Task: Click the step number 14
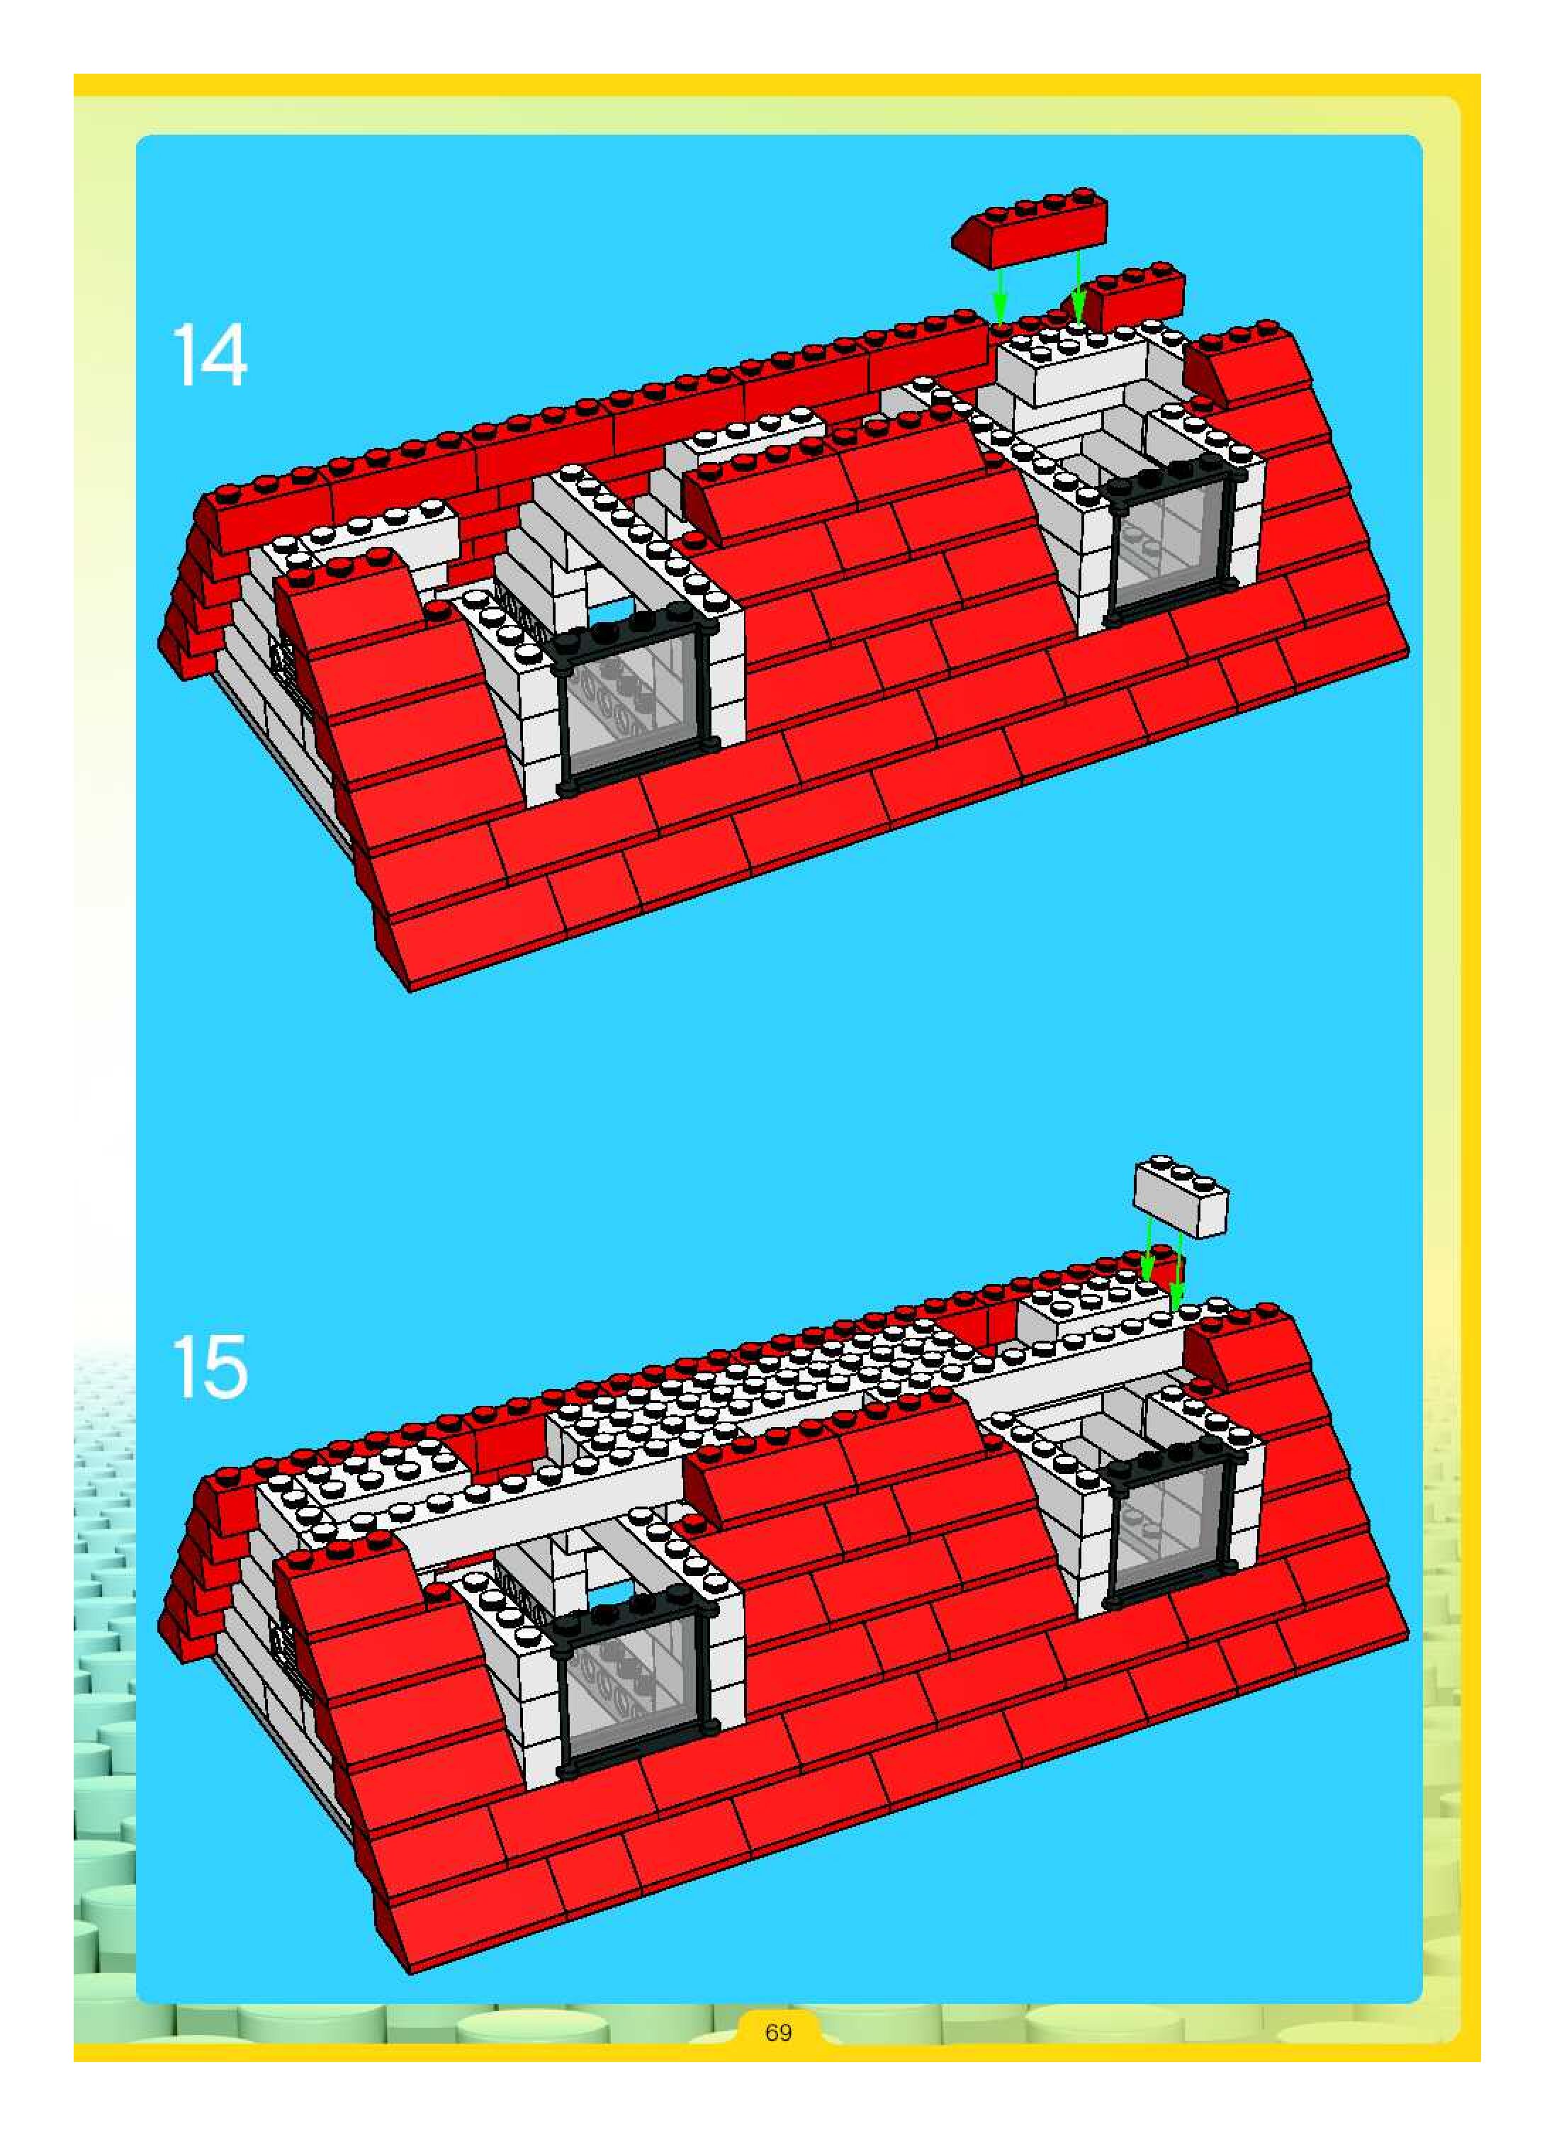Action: tap(210, 355)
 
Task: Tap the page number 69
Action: tap(779, 2032)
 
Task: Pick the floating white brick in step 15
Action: tap(1181, 1196)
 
